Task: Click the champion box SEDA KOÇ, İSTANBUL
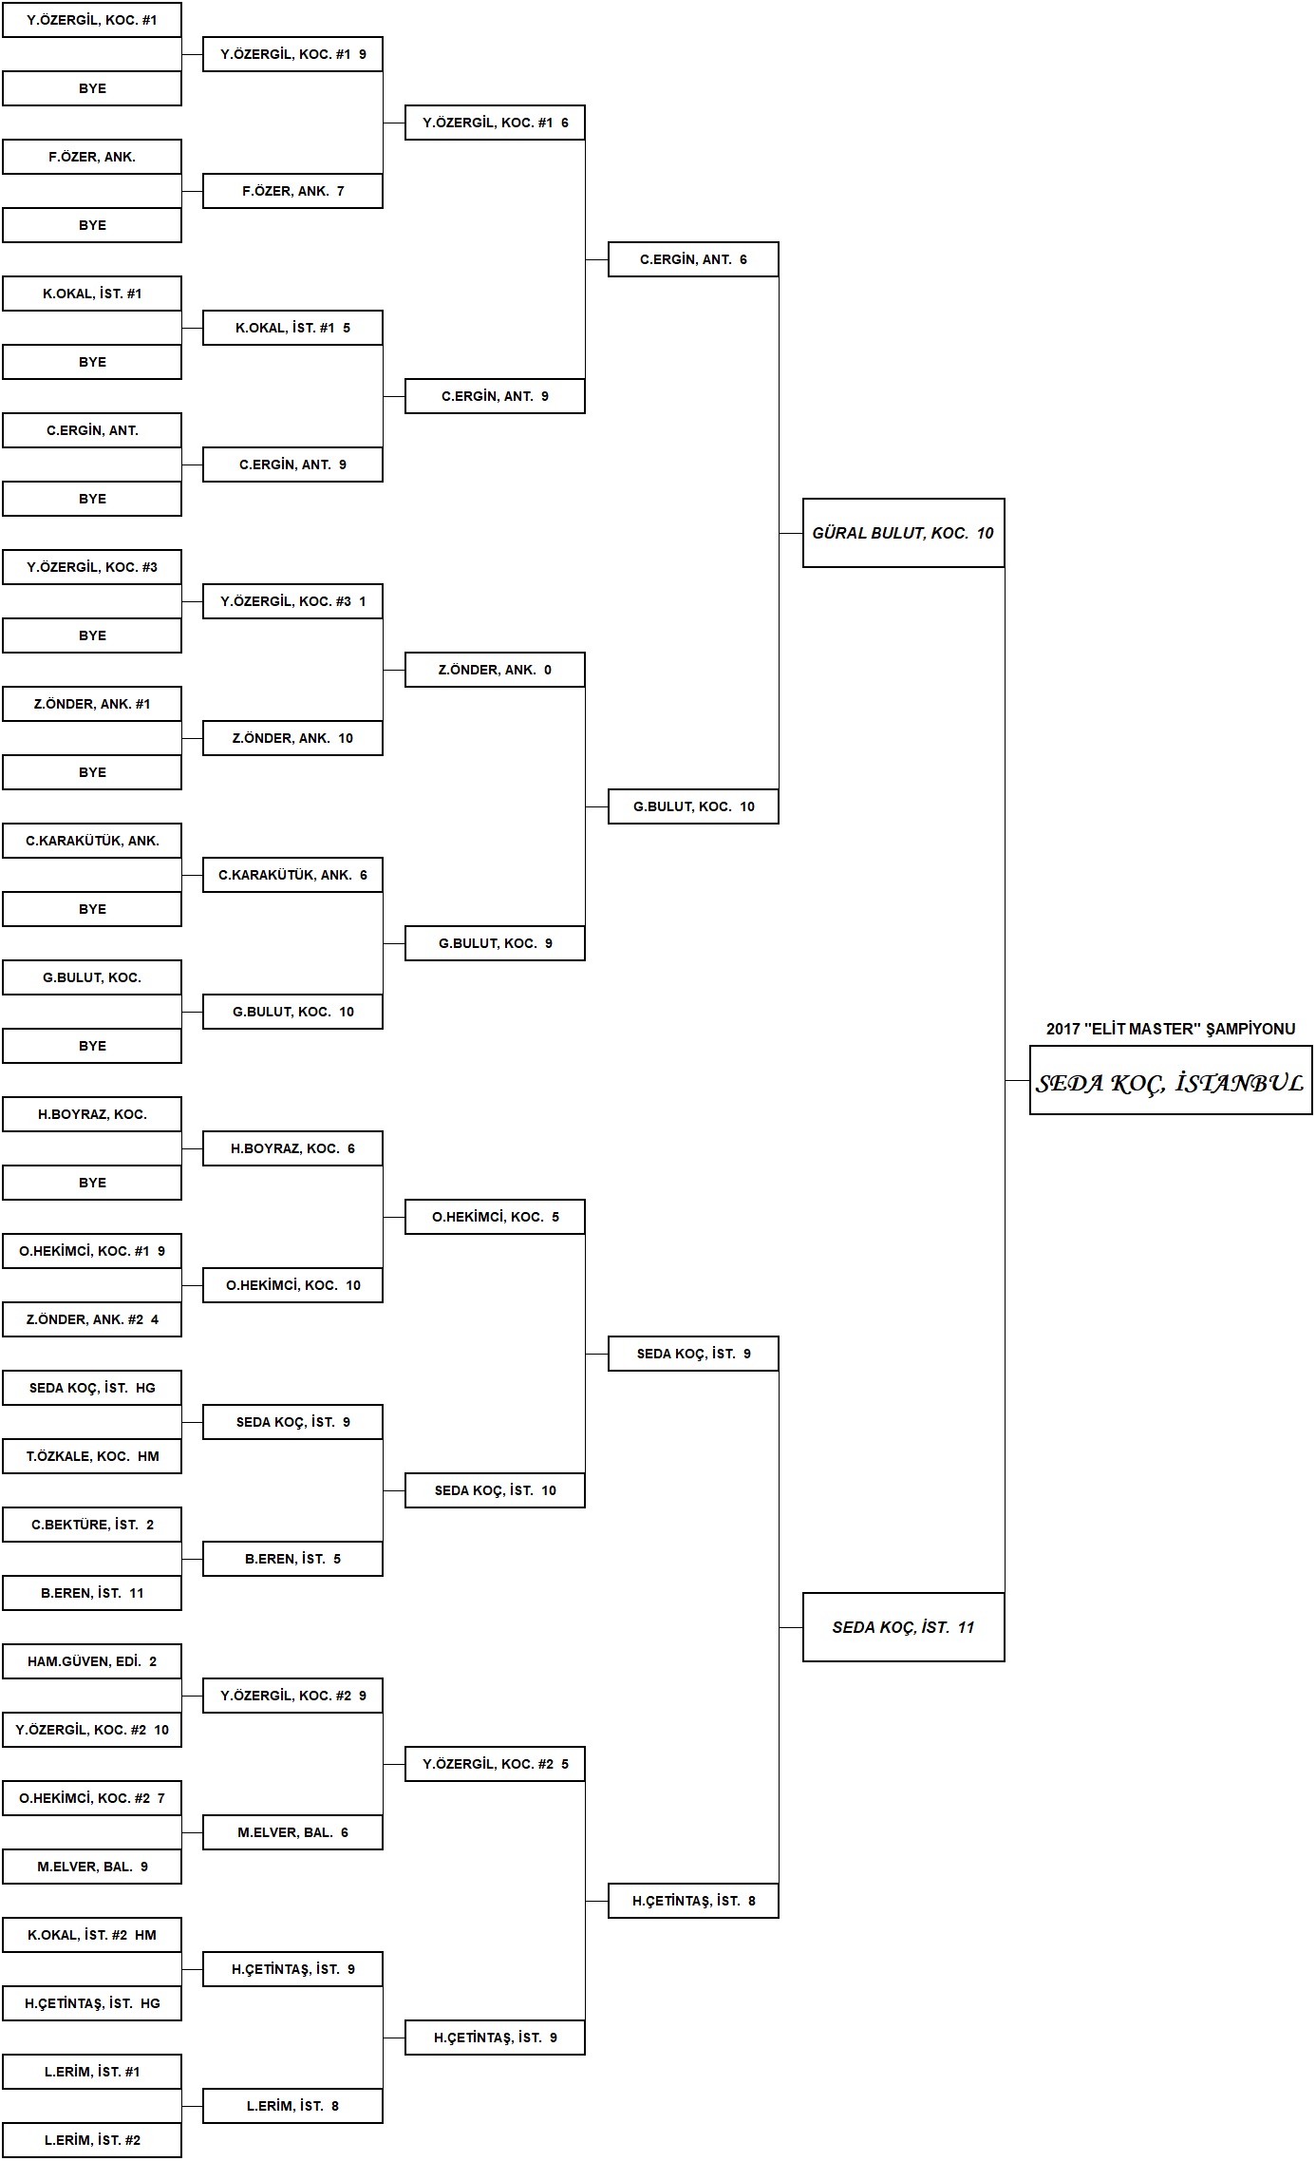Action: pyautogui.click(x=1171, y=1080)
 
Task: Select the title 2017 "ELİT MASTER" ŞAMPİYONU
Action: pyautogui.click(x=1171, y=1029)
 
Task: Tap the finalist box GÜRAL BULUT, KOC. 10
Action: pyautogui.click(x=903, y=533)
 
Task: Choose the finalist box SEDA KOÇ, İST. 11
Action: pyautogui.click(x=903, y=1627)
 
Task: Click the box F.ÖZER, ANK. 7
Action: pyautogui.click(x=292, y=191)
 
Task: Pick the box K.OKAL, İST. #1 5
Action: pyautogui.click(x=292, y=328)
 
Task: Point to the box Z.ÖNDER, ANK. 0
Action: pyautogui.click(x=495, y=670)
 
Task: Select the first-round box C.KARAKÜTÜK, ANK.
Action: pyautogui.click(x=92, y=841)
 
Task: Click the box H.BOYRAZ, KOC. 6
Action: pyautogui.click(x=292, y=1148)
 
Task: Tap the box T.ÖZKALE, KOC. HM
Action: pyautogui.click(x=92, y=1456)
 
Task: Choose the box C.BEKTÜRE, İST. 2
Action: pyautogui.click(x=92, y=1525)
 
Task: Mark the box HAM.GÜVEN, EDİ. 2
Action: pyautogui.click(x=92, y=1661)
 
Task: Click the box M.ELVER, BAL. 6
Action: pyautogui.click(x=292, y=1832)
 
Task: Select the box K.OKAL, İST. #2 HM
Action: pyautogui.click(x=92, y=1935)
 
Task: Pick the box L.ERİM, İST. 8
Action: pyautogui.click(x=292, y=2106)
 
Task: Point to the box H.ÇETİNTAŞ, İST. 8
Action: pyautogui.click(x=693, y=1901)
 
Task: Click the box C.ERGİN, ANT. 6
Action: pyautogui.click(x=693, y=259)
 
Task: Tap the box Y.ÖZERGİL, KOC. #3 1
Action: pyautogui.click(x=292, y=601)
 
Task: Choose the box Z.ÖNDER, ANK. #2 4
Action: pyautogui.click(x=92, y=1319)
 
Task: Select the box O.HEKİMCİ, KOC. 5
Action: pyautogui.click(x=495, y=1217)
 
